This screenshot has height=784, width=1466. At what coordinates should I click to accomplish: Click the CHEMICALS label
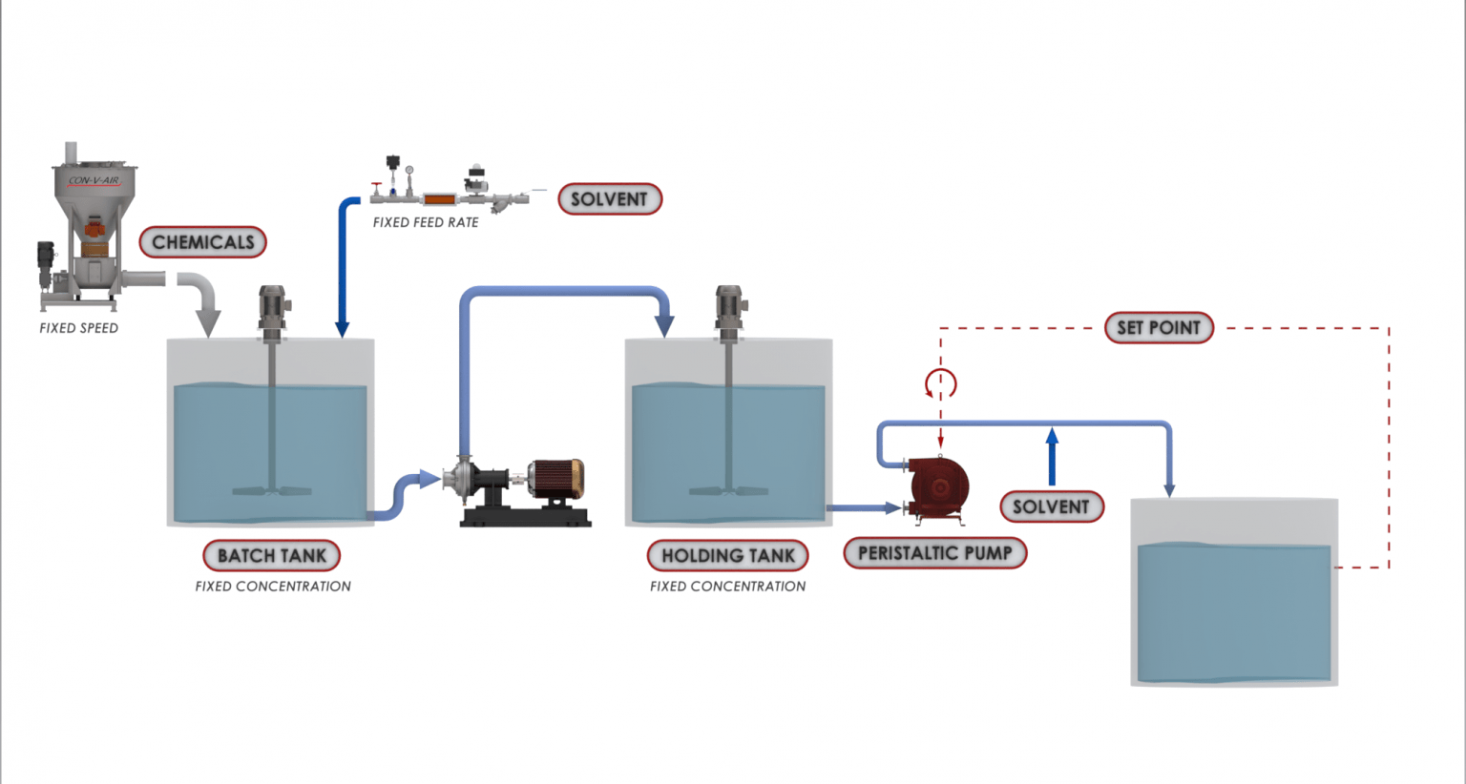202,242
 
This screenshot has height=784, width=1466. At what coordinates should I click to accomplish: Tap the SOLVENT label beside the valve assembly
609,199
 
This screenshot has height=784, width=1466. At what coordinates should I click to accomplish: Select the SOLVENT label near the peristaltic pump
1051,506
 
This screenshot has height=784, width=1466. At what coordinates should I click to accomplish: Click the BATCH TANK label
272,555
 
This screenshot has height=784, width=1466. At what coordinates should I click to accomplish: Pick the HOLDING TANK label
727,555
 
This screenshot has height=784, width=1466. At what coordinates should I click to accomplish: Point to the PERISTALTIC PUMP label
934,553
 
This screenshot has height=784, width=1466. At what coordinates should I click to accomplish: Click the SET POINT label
1159,328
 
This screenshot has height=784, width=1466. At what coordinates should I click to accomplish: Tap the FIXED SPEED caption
78,328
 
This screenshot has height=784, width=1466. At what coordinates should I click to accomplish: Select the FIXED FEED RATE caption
426,223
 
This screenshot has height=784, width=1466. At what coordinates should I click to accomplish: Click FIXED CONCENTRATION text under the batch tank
273,587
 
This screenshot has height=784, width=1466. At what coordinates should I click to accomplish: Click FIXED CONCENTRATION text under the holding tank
727,587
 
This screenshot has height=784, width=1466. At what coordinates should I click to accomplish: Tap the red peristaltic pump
938,487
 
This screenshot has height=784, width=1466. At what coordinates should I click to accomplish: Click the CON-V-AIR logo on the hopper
94,180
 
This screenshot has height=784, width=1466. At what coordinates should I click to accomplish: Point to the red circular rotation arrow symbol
940,383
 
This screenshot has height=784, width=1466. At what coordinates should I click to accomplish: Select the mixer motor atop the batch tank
272,307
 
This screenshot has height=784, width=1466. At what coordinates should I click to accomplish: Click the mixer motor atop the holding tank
729,307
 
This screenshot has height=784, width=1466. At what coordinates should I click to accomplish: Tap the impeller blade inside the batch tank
272,491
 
